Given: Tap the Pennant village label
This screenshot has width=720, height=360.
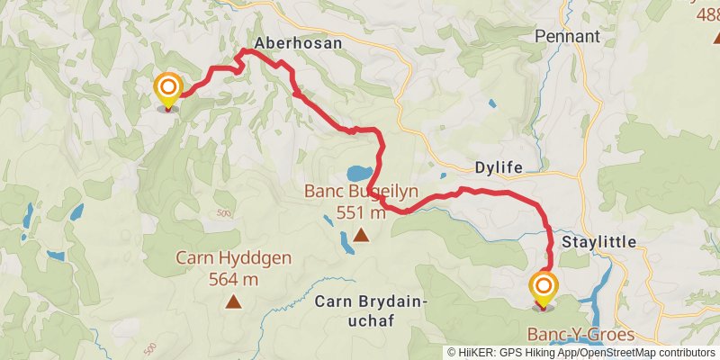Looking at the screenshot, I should point(567,37).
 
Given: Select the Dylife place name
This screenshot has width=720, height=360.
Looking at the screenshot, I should point(498,167).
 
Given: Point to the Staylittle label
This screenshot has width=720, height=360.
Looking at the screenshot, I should point(598,243).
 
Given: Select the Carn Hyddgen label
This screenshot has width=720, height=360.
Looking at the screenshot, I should point(234,258).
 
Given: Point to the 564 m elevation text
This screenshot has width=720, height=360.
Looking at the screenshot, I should point(234,279).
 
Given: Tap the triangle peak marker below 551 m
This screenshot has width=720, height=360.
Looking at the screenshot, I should point(361,236).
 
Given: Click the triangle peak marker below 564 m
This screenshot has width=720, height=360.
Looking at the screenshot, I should point(234,302).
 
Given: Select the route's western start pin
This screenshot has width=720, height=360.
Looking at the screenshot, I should point(167,90).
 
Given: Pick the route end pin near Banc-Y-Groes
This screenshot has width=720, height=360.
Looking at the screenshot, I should point(544,290).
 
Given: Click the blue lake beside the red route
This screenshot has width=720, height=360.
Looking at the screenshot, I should point(357,172).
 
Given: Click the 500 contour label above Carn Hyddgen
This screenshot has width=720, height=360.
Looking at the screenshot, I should point(224,212).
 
